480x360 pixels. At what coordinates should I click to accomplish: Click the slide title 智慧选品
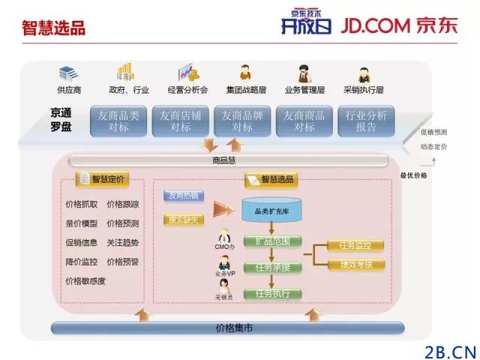point(53,28)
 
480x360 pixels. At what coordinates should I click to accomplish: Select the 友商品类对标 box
point(118,121)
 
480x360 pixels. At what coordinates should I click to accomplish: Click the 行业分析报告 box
point(367,121)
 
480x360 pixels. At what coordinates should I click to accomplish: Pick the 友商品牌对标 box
point(242,121)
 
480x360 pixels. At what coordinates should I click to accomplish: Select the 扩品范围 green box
point(268,241)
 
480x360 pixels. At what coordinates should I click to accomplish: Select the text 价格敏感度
point(85,281)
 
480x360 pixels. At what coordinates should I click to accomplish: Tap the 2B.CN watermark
point(450,351)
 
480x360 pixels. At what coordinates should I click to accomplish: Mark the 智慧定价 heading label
point(103,179)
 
